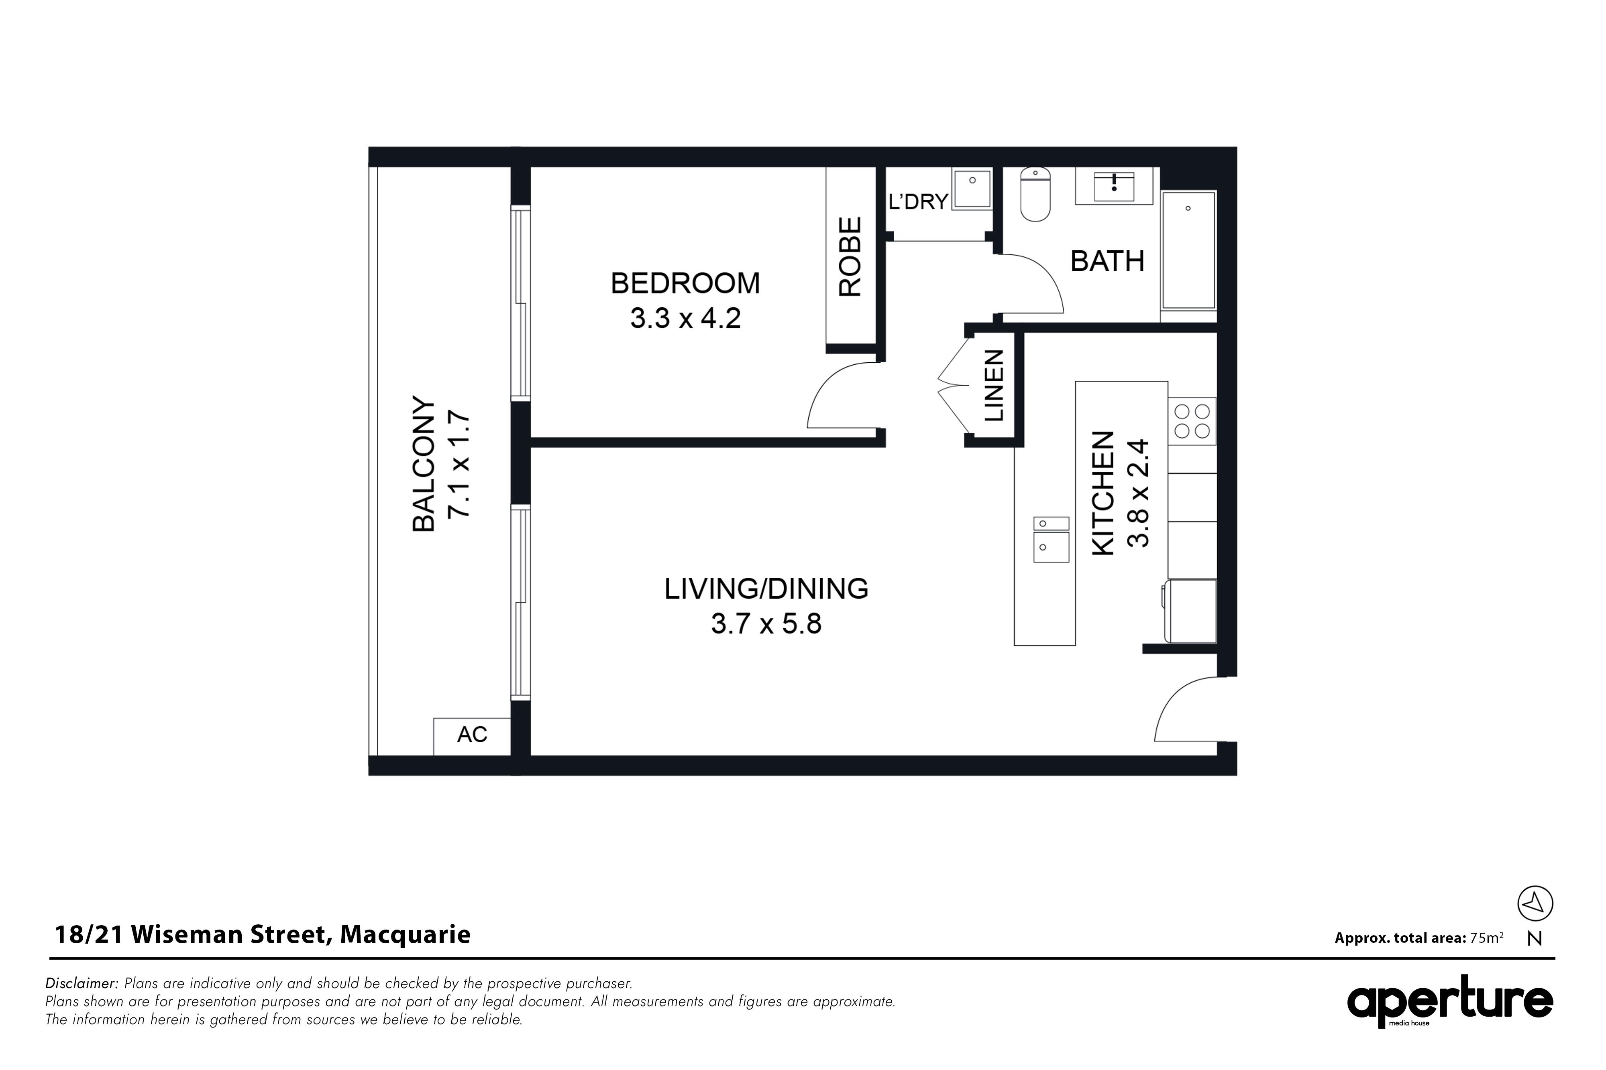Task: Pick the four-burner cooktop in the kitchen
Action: [1192, 421]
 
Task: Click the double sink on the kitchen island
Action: [1051, 539]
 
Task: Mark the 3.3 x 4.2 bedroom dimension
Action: [685, 319]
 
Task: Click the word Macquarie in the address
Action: [406, 935]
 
